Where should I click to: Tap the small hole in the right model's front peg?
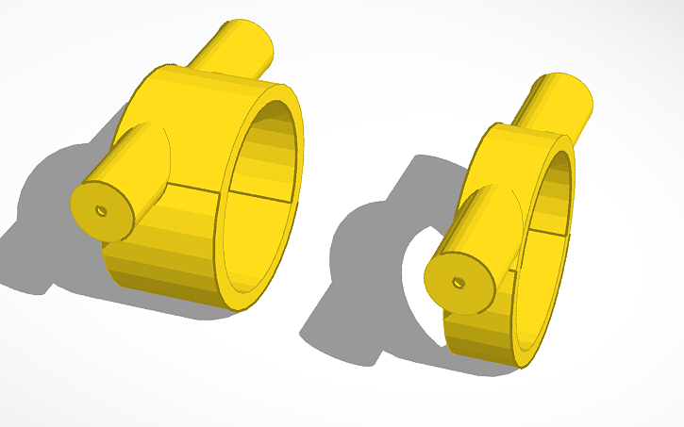click(x=458, y=282)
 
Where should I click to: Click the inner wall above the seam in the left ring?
click(x=269, y=151)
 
